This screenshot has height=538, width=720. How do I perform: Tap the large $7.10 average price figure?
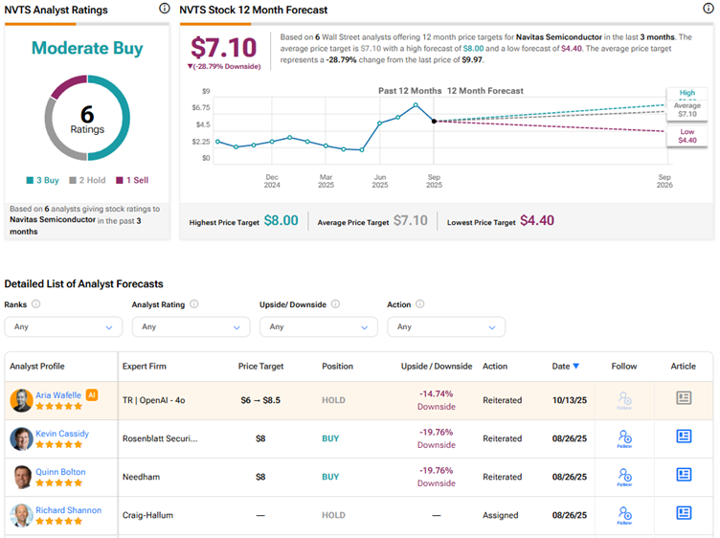(224, 48)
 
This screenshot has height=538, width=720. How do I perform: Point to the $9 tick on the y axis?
(204, 90)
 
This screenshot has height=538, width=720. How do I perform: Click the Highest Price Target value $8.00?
(281, 221)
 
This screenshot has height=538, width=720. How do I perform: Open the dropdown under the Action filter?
(446, 326)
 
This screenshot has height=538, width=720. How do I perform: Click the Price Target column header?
(260, 367)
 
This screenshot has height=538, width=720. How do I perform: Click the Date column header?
(565, 367)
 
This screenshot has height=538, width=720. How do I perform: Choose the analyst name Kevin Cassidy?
(62, 434)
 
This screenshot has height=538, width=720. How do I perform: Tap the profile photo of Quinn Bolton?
(21, 476)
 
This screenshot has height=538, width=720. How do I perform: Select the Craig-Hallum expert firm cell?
(148, 515)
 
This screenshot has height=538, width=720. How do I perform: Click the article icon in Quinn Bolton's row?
(684, 475)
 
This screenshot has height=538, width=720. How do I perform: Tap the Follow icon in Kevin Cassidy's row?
(624, 437)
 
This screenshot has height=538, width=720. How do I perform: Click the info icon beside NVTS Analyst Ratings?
(164, 9)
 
